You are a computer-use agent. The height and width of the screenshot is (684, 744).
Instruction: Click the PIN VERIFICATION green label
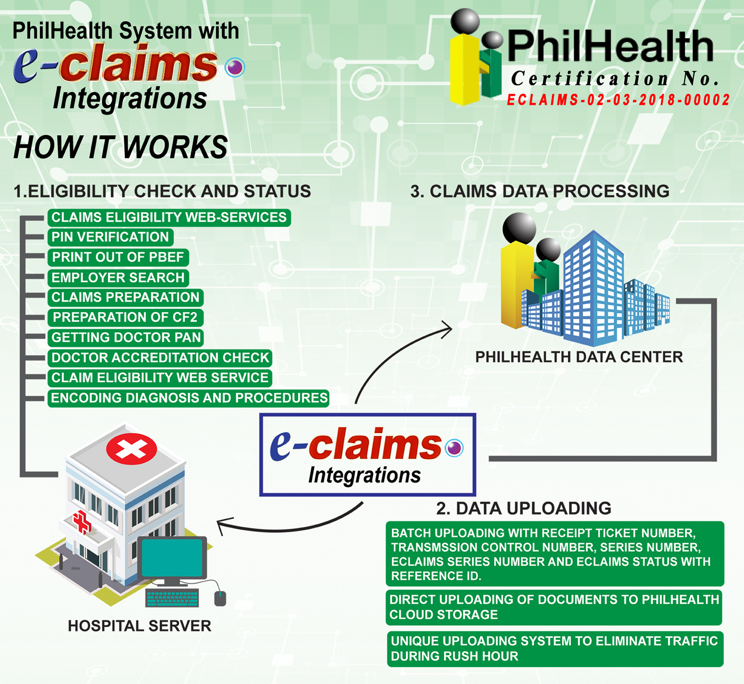click(110, 237)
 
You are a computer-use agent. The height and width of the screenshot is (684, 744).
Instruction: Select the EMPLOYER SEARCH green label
click(118, 277)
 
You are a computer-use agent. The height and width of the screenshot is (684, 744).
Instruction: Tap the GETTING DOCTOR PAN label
click(126, 337)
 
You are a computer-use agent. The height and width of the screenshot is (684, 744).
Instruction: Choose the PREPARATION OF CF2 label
click(125, 317)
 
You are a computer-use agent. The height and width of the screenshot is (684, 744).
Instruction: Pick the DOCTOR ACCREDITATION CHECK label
click(160, 358)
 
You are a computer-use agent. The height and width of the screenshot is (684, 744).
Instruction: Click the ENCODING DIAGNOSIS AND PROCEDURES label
click(189, 398)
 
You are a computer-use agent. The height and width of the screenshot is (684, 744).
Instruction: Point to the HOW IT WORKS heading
click(121, 147)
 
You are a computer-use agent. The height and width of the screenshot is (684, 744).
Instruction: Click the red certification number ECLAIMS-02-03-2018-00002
click(618, 100)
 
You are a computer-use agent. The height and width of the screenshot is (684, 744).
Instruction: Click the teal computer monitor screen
click(172, 558)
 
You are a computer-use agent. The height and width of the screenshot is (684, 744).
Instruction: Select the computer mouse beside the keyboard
click(220, 598)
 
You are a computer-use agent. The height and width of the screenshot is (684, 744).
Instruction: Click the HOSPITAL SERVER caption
click(139, 626)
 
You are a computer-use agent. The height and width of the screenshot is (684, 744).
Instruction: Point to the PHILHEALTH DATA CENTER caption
click(579, 357)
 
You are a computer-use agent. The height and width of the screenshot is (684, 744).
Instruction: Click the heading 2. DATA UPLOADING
click(524, 508)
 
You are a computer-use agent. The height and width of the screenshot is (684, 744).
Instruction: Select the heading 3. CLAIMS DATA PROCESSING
click(540, 191)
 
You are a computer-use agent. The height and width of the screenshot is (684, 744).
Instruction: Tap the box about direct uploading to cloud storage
click(554, 607)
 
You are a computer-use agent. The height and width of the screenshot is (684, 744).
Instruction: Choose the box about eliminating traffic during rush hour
click(554, 649)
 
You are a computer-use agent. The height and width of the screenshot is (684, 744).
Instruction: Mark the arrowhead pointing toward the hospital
click(221, 524)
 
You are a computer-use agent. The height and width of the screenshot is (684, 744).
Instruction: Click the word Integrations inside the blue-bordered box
click(364, 475)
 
